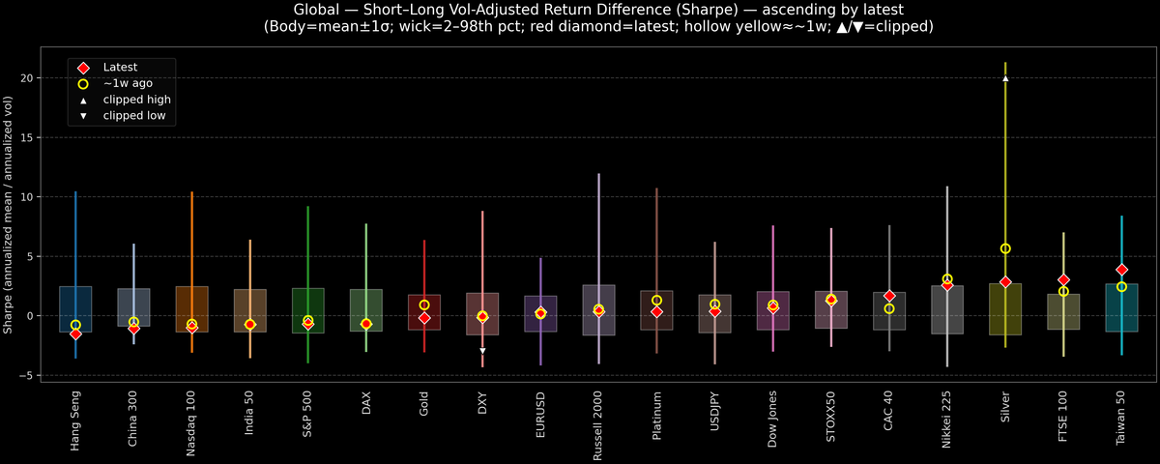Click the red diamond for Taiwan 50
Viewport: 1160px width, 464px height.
click(x=1121, y=270)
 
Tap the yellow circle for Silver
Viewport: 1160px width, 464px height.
click(x=1005, y=248)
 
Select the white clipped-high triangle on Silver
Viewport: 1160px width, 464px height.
click(x=1005, y=78)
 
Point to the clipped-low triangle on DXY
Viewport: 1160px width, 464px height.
click(x=482, y=351)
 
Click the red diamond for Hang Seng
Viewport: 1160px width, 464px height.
click(x=75, y=333)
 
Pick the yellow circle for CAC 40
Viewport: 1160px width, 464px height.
click(x=889, y=308)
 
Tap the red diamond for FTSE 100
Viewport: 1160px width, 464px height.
click(x=1063, y=280)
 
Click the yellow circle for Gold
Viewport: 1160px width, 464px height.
click(x=424, y=304)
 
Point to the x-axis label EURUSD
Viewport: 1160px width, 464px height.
click(x=540, y=413)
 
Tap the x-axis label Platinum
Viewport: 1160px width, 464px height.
click(x=656, y=414)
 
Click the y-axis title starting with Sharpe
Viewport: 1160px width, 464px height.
click(x=9, y=215)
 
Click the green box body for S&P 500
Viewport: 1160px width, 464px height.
click(x=307, y=310)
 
